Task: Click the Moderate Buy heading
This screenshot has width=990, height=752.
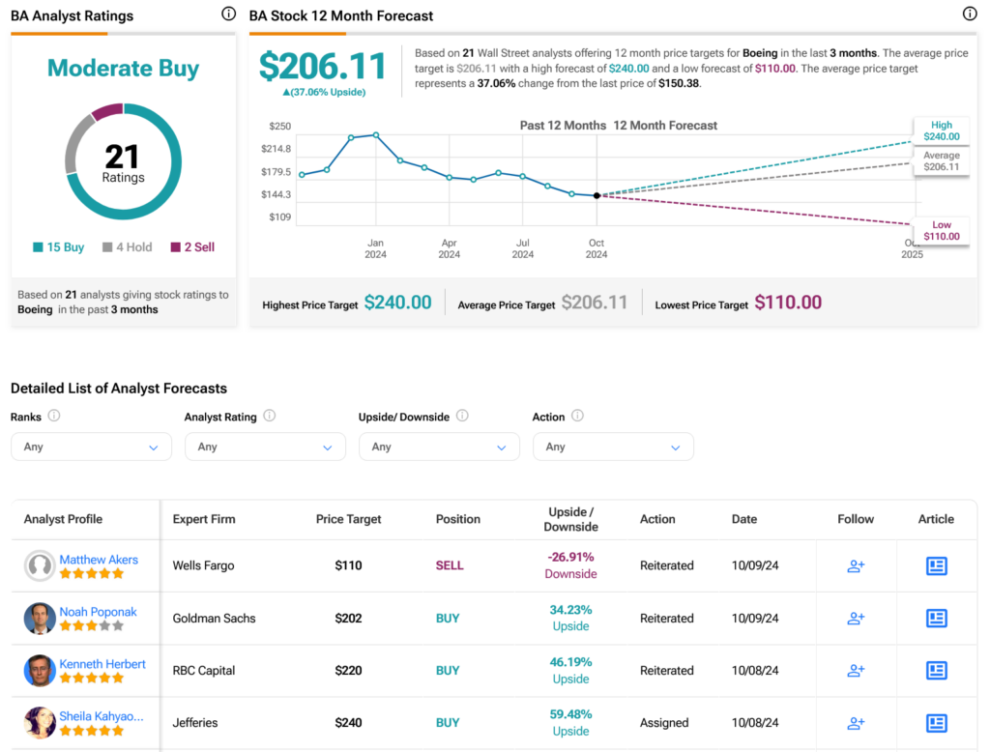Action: pyautogui.click(x=123, y=69)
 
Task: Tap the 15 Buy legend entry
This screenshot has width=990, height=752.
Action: pyautogui.click(x=59, y=246)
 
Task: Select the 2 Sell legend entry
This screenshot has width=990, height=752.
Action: pyautogui.click(x=192, y=246)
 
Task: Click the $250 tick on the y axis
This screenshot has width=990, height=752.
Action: pyautogui.click(x=279, y=127)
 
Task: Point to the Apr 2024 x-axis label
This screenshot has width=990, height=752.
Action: pyautogui.click(x=449, y=248)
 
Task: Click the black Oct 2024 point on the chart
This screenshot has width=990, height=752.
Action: pyautogui.click(x=597, y=196)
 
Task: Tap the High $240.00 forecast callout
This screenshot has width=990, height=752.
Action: pyautogui.click(x=942, y=130)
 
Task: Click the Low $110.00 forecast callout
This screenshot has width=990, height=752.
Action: pyautogui.click(x=942, y=230)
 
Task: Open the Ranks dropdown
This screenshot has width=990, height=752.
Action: pyautogui.click(x=91, y=447)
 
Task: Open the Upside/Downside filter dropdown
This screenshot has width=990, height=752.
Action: pyautogui.click(x=439, y=447)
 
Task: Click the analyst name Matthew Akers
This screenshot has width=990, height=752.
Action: pyautogui.click(x=99, y=560)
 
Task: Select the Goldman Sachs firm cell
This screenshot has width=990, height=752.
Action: pyautogui.click(x=214, y=619)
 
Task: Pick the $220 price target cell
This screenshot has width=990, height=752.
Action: pyautogui.click(x=348, y=671)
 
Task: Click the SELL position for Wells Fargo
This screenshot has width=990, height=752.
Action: pyautogui.click(x=450, y=565)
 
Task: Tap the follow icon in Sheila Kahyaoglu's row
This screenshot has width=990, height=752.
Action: pyautogui.click(x=856, y=723)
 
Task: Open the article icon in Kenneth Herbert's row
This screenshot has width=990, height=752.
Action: pyautogui.click(x=936, y=671)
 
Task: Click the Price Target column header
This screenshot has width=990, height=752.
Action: pyautogui.click(x=348, y=519)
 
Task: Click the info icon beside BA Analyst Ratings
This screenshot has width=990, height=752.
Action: pyautogui.click(x=228, y=14)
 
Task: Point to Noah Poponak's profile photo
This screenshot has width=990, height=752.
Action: pyautogui.click(x=39, y=619)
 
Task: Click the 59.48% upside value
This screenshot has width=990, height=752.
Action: pyautogui.click(x=570, y=714)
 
